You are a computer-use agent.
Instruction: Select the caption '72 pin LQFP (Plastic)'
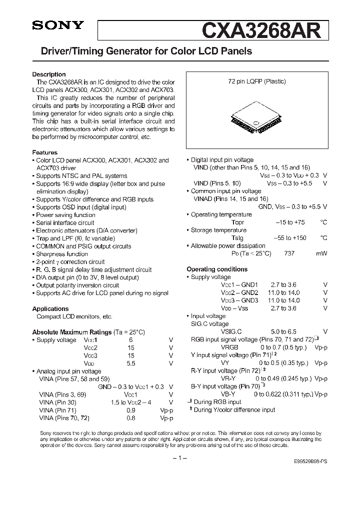[x=253, y=81]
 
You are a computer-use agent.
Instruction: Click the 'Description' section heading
[x=49, y=74]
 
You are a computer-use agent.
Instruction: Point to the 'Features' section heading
[x=45, y=152]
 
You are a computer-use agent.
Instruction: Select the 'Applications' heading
[x=50, y=309]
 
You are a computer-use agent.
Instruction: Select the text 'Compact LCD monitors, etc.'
[x=74, y=316]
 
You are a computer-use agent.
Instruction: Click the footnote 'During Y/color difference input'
[x=233, y=410]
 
